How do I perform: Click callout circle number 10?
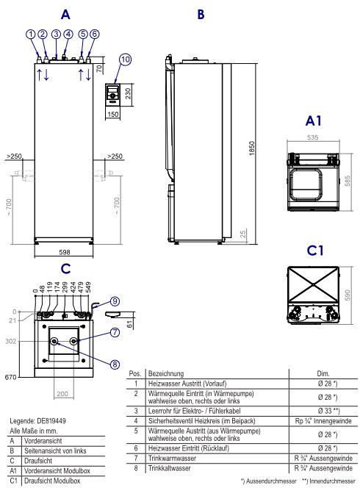click(125, 59)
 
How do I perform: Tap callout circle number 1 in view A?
click(30, 34)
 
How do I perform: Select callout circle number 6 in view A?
click(94, 34)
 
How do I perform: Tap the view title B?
click(201, 14)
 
